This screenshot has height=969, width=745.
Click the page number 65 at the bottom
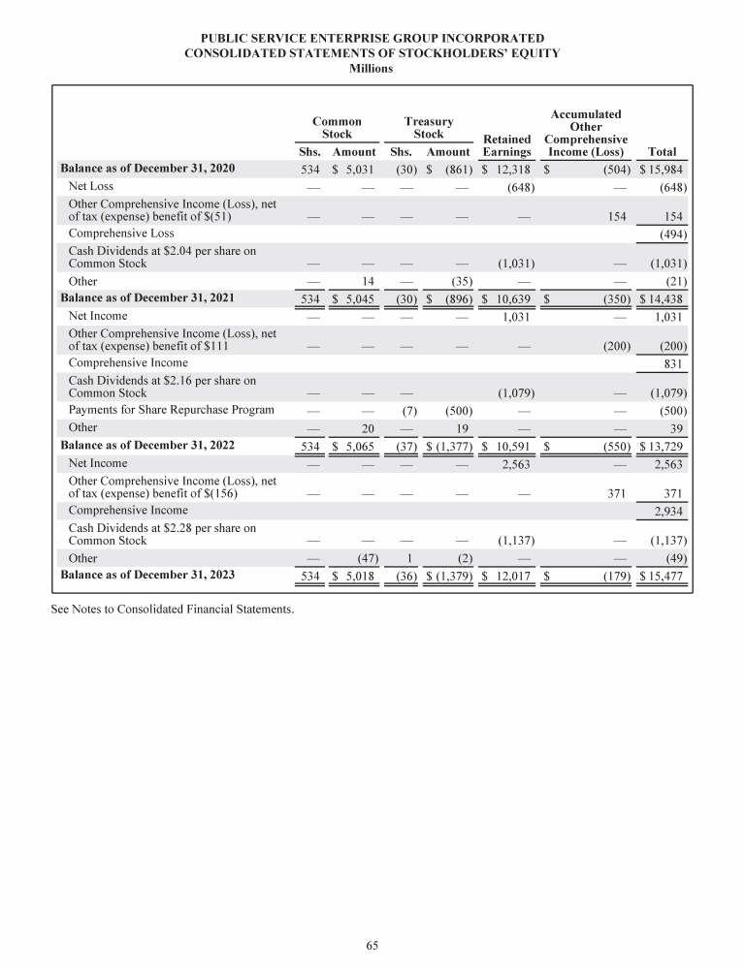(x=372, y=945)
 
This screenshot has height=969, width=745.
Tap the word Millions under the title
(x=372, y=70)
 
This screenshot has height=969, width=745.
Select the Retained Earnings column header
(x=506, y=145)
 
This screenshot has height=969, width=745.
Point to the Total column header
(x=661, y=152)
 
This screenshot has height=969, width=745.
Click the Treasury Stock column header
(x=428, y=128)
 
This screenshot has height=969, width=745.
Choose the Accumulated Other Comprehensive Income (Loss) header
(x=586, y=133)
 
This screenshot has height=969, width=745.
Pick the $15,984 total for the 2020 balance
(x=659, y=170)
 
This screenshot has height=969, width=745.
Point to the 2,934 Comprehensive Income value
(x=665, y=509)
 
